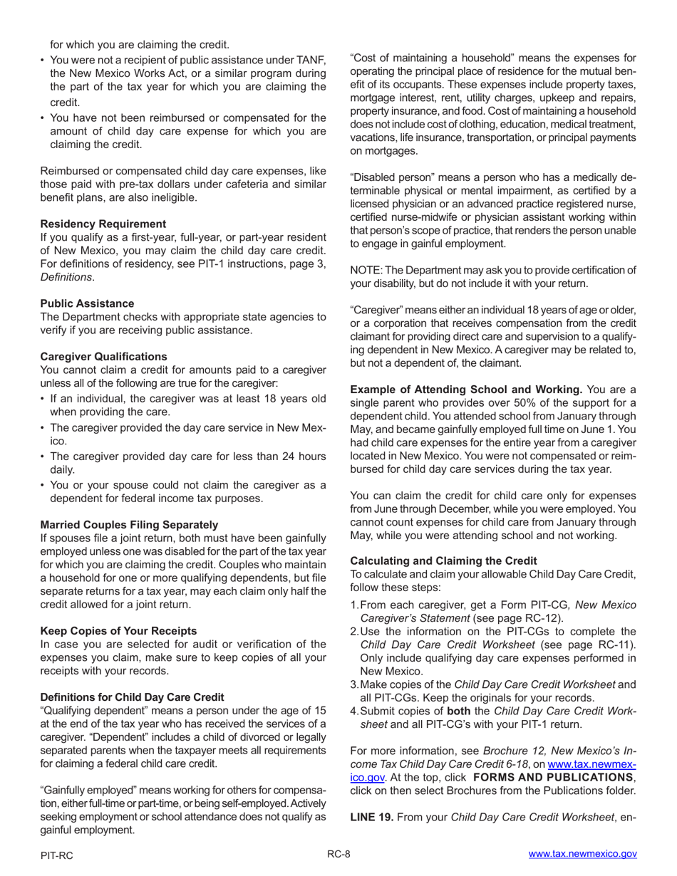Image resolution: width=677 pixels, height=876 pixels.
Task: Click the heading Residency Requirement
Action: pyautogui.click(x=103, y=224)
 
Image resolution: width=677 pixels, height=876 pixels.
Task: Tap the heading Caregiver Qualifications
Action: pyautogui.click(x=104, y=356)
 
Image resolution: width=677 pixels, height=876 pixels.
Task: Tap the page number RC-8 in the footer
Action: pyautogui.click(x=338, y=855)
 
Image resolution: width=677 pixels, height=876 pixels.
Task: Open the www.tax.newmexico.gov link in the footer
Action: pyautogui.click(x=582, y=855)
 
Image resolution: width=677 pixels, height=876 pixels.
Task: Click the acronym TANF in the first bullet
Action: pyautogui.click(x=311, y=61)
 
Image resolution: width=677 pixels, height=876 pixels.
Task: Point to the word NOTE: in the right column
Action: pyautogui.click(x=366, y=269)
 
